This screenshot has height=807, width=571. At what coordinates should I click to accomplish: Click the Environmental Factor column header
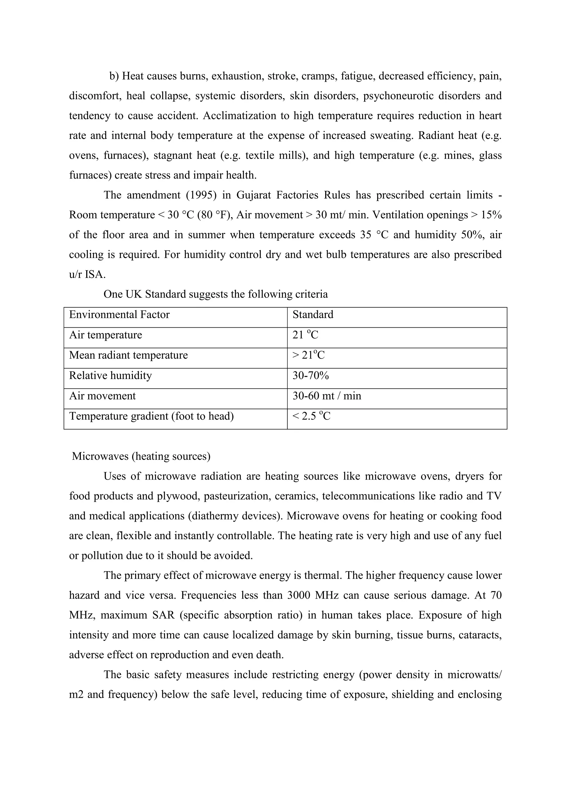tap(119, 315)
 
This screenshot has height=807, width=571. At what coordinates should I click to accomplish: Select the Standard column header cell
tap(313, 315)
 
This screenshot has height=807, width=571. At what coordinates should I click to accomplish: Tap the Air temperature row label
tap(105, 335)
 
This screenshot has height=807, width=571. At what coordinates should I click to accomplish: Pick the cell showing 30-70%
tap(311, 376)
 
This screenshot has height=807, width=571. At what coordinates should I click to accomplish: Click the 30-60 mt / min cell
tap(327, 396)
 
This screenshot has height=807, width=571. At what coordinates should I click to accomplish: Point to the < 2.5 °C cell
tap(311, 417)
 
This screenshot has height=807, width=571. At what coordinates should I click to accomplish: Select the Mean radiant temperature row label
tap(128, 355)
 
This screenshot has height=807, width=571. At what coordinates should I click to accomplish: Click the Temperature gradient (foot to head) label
tap(151, 417)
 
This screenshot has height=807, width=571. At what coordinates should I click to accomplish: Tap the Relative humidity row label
tap(110, 376)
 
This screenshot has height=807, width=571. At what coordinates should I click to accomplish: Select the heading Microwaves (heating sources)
tap(141, 456)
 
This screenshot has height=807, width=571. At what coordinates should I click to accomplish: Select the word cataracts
tap(480, 635)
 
